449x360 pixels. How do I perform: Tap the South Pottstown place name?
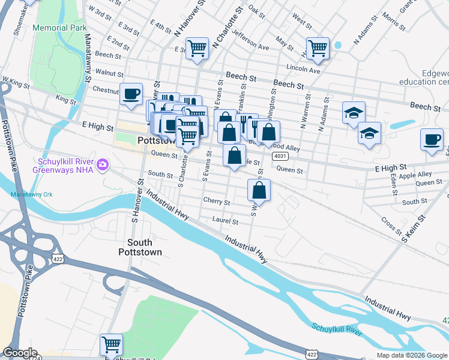pos(144,247)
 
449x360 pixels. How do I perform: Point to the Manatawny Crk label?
pos(32,194)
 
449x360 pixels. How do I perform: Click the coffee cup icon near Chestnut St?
pos(131,94)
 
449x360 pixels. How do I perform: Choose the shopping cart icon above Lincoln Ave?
pos(317,48)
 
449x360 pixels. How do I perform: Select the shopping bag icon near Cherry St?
pos(259,190)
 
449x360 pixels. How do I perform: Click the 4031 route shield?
pos(279,156)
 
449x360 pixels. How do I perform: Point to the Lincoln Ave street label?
pos(303,69)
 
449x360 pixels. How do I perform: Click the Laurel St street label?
pos(225,221)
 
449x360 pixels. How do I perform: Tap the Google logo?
pos(20,353)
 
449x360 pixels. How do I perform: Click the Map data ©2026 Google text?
pos(412,355)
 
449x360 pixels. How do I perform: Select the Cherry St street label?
pos(216,202)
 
